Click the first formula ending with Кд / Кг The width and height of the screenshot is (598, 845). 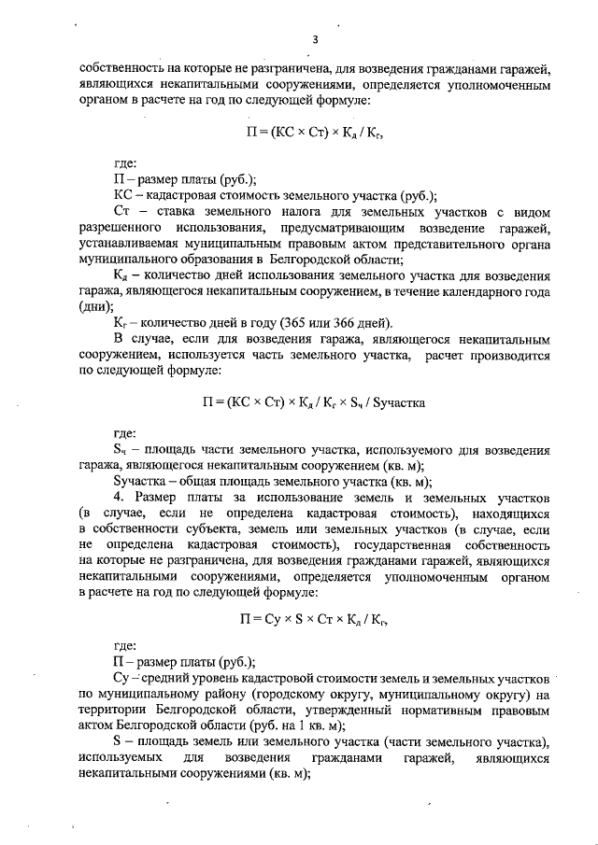coord(314,133)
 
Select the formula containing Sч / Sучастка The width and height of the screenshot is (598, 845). coord(314,403)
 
